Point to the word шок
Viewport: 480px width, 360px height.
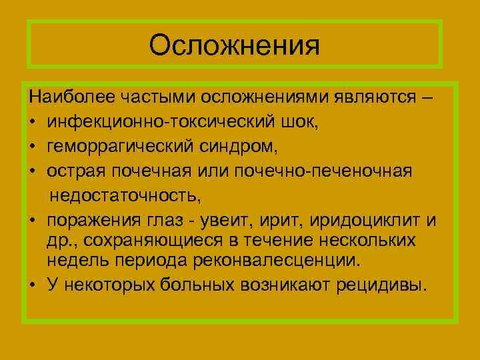(x=271, y=123)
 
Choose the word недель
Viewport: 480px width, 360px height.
(x=75, y=260)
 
